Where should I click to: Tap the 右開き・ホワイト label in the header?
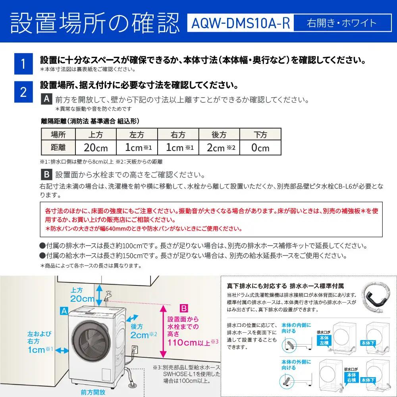coord(341,23)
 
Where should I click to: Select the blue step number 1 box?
coord(23,64)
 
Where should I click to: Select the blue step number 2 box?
coord(23,92)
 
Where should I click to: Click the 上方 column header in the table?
coord(96,134)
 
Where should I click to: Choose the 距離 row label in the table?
coord(58,148)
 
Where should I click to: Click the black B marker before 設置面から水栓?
coord(46,175)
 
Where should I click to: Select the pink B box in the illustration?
coord(183,308)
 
